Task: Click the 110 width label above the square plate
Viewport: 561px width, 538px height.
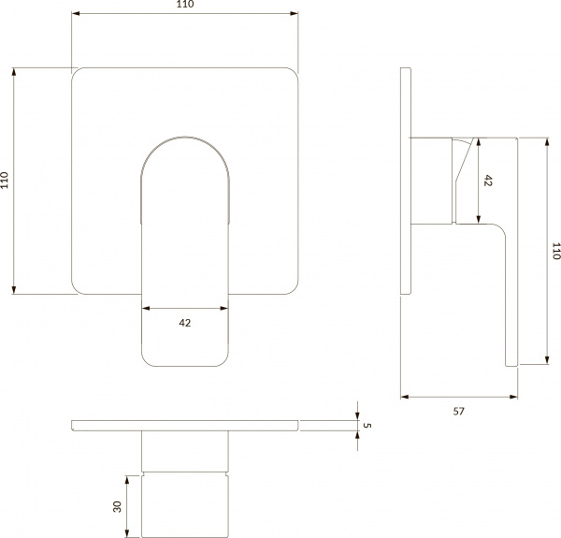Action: click(184, 6)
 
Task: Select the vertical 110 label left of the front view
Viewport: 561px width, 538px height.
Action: click(6, 180)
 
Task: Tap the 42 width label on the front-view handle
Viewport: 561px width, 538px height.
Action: click(184, 323)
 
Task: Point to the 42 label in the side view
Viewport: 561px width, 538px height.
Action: click(487, 182)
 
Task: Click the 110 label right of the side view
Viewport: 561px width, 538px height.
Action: click(556, 251)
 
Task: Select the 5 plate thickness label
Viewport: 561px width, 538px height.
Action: click(367, 426)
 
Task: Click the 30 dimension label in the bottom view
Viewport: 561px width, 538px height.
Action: click(117, 505)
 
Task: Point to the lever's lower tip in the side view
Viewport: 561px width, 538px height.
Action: click(511, 360)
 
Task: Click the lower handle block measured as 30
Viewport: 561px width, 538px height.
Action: click(184, 505)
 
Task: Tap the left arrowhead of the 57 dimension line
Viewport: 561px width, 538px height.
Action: click(404, 397)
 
